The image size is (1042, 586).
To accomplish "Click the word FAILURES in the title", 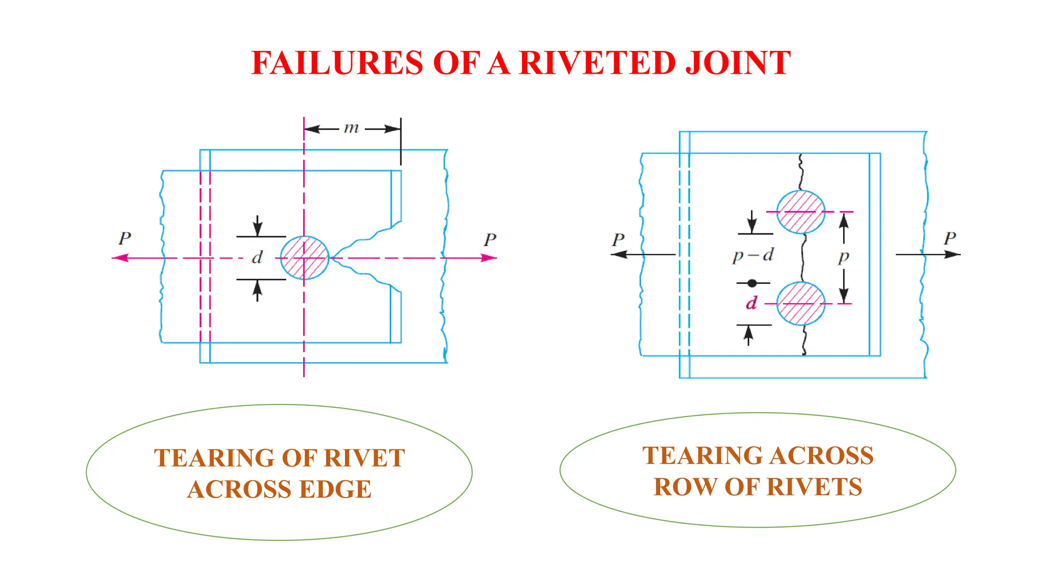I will (x=337, y=63).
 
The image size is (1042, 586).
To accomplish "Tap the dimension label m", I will (x=351, y=128).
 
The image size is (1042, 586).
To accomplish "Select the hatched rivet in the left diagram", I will (x=304, y=258).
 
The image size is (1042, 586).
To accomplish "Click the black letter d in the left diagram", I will (x=257, y=257).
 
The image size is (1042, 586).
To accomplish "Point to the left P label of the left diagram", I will (x=125, y=238).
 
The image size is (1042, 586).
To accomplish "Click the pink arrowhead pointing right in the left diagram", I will (x=488, y=258).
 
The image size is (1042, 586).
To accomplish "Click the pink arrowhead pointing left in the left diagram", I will (x=120, y=258).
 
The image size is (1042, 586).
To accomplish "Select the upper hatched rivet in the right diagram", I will (x=801, y=212).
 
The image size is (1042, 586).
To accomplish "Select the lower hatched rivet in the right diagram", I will (x=801, y=304).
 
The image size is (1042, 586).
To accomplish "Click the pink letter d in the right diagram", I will (x=751, y=303).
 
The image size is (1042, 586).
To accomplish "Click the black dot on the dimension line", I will (x=752, y=283).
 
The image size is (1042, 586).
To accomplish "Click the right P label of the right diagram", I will (x=950, y=238).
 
